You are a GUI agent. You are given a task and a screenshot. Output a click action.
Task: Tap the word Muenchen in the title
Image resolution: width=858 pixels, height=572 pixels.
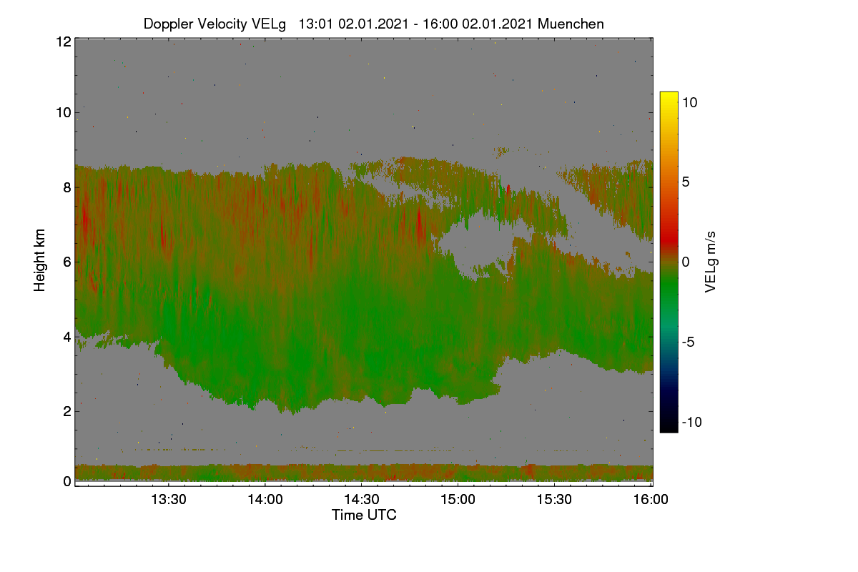tap(571, 24)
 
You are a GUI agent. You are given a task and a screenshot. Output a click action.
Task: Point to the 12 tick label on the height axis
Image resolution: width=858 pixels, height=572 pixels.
tap(64, 41)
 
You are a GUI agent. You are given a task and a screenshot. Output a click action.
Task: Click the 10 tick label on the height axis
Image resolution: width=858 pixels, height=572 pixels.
tap(64, 113)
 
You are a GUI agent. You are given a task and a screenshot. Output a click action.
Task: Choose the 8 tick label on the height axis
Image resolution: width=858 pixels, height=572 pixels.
tap(67, 187)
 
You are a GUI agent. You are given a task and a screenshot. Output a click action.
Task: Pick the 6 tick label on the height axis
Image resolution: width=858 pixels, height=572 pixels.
tap(67, 262)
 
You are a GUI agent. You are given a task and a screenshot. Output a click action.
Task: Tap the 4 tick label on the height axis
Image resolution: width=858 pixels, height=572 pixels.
tap(67, 337)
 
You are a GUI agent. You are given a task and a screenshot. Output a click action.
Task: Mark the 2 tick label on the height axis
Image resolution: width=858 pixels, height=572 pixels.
tap(67, 411)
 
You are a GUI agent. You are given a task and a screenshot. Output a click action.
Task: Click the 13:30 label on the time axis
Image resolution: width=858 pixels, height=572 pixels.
tap(169, 499)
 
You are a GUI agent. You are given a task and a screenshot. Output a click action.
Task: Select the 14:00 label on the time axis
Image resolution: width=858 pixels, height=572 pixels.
tap(265, 499)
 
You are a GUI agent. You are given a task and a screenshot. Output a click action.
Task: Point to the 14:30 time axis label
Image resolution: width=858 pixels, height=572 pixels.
tap(362, 499)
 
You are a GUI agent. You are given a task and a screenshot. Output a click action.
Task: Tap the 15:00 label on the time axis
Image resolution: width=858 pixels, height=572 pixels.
tap(458, 499)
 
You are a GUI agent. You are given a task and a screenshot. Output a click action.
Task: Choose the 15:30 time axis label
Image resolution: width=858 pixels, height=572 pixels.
tap(554, 499)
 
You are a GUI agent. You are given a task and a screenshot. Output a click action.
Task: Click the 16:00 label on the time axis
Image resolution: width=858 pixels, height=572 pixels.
tap(651, 499)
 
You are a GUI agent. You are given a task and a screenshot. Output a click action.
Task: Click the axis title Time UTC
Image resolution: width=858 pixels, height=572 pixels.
tap(364, 515)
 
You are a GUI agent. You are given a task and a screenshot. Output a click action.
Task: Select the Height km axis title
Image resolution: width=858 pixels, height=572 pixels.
tap(39, 260)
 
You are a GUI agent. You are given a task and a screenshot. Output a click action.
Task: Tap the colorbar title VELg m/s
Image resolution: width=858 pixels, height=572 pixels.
tap(711, 262)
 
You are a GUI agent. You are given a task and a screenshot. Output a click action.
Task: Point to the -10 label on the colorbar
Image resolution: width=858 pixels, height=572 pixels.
tap(692, 422)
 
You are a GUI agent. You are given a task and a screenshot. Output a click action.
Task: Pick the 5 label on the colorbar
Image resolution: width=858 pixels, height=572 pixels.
tap(686, 182)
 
